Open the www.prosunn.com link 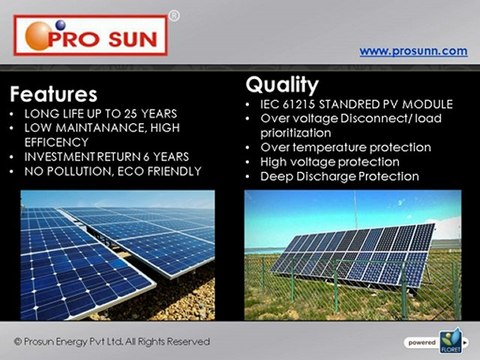[x=413, y=50]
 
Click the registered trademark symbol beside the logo [x=174, y=16]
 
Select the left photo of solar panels [x=118, y=255]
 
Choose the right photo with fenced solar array [x=352, y=255]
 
